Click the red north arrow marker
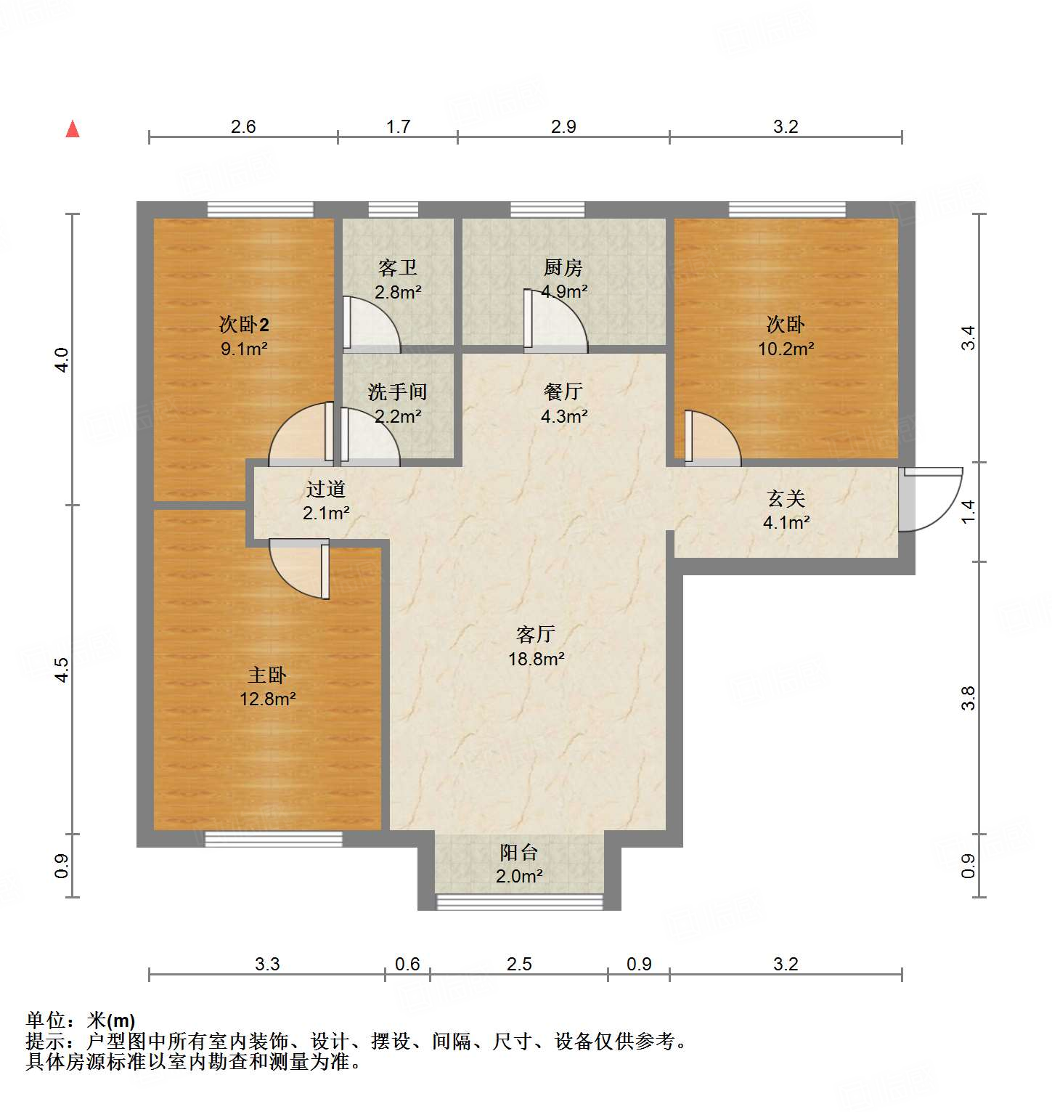tap(73, 129)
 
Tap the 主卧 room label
tap(267, 675)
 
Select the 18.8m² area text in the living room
tap(536, 659)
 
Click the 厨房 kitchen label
tap(563, 268)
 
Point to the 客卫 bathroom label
tap(398, 268)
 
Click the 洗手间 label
tap(397, 392)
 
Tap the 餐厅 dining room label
tap(563, 392)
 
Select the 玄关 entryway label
tap(786, 499)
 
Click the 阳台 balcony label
tap(518, 853)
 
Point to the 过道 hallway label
tap(325, 490)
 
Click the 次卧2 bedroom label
tap(244, 325)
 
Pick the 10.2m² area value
tap(786, 349)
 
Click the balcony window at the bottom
tap(519, 901)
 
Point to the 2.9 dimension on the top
tap(563, 127)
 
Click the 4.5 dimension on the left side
tap(62, 669)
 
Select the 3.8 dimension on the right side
tap(968, 698)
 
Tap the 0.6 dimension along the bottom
tap(407, 964)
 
